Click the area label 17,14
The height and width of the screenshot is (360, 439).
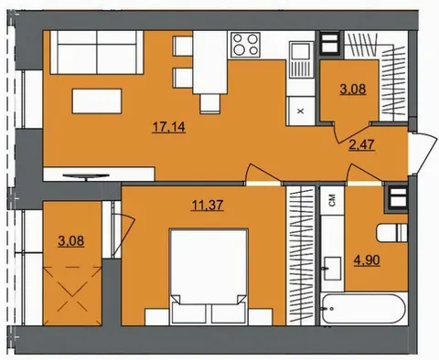168,127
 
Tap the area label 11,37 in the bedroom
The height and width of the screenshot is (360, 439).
208,206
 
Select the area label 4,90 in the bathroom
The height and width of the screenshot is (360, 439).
367,260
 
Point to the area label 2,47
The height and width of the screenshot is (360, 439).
361,144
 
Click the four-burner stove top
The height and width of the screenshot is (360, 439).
245,45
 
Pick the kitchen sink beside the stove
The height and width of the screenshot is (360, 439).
301,59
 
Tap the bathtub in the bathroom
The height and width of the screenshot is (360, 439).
364,310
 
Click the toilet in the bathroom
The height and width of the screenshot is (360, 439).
392,233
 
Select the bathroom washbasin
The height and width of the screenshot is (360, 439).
332,269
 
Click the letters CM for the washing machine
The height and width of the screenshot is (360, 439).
332,200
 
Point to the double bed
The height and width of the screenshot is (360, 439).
209,277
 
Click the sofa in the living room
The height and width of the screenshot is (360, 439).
97,52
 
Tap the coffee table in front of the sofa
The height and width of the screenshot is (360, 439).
97,101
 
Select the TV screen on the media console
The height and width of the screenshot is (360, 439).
86,175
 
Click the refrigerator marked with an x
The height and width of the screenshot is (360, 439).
301,111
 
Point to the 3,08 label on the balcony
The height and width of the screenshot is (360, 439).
71,241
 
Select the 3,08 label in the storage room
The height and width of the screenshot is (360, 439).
353,90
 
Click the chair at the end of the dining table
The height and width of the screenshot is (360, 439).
210,103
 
